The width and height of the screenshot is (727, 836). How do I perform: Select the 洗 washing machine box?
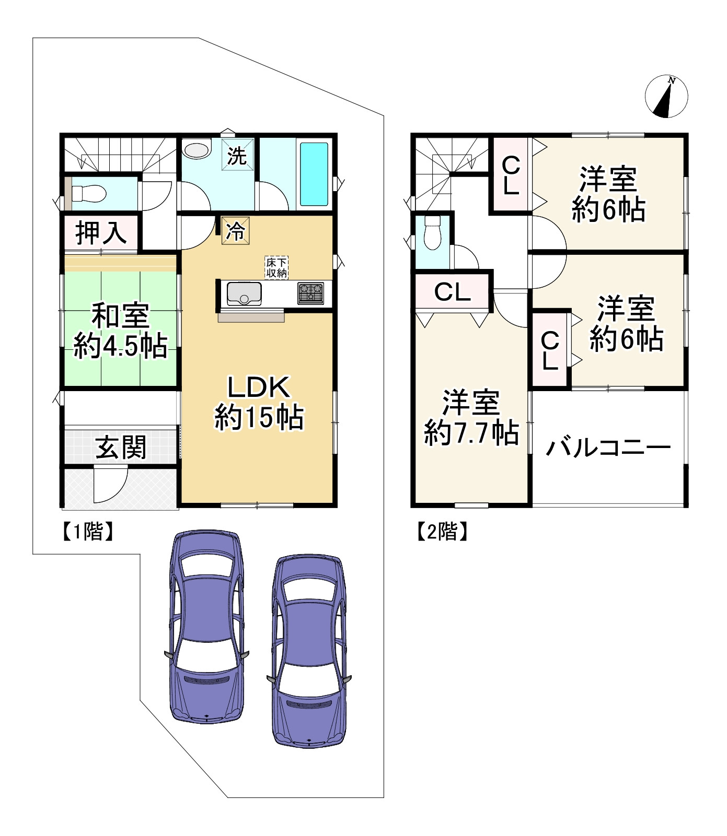click(237, 155)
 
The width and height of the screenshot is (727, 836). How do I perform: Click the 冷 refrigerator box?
click(235, 230)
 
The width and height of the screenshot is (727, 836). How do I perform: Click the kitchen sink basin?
click(244, 293)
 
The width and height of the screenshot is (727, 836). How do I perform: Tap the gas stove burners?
click(311, 293)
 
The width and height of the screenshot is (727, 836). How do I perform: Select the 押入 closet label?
click(101, 232)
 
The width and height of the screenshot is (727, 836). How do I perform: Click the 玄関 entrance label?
click(121, 448)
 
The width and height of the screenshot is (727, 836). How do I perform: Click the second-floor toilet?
click(432, 233)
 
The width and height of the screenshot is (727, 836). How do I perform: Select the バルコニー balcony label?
click(608, 448)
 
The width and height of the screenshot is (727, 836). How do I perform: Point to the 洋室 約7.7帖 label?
click(471, 418)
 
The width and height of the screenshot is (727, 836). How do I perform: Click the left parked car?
click(207, 627)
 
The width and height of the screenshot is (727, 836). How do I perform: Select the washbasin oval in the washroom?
click(197, 150)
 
